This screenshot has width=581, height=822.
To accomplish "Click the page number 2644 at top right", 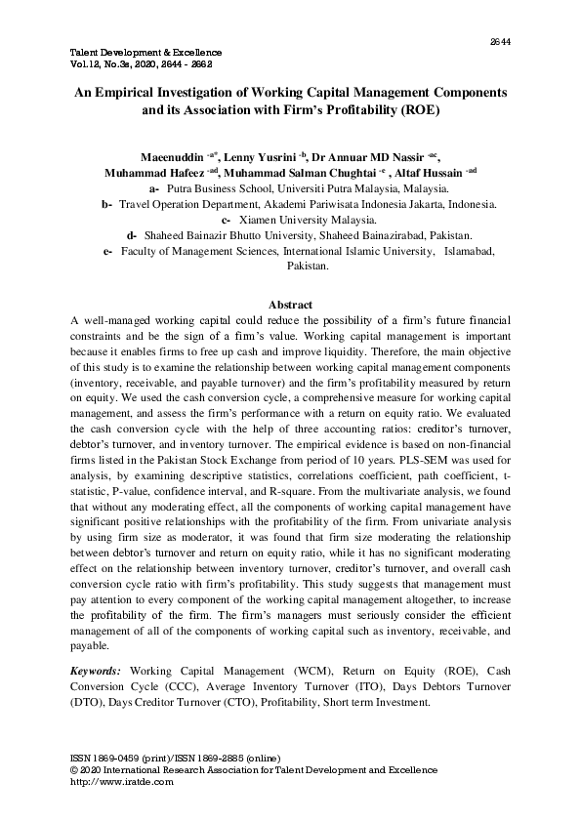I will (x=500, y=41).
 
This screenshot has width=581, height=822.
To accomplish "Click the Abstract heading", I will (x=290, y=305).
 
